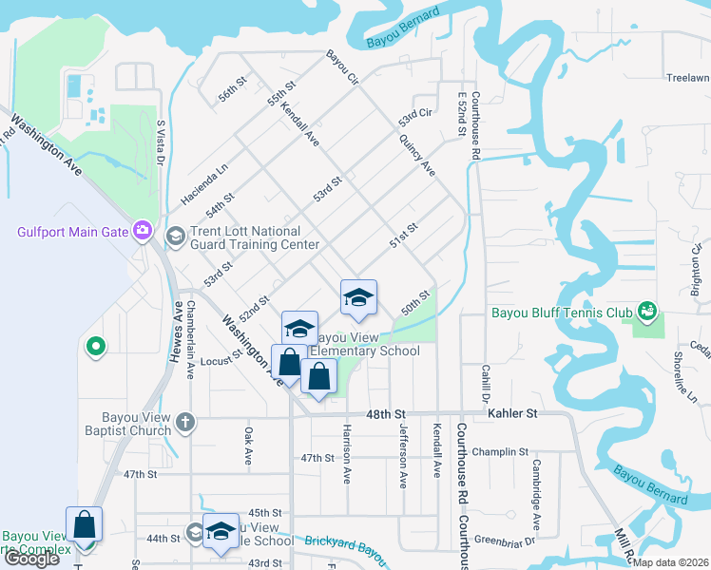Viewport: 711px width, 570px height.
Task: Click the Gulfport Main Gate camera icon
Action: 143,230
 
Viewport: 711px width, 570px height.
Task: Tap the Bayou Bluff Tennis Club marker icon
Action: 648,311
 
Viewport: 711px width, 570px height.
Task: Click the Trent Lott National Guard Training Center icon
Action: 175,236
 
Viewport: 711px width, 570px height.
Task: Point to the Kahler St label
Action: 513,413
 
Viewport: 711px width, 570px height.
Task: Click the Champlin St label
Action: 500,452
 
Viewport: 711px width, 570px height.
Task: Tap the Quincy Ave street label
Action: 417,156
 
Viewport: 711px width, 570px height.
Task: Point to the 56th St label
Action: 232,89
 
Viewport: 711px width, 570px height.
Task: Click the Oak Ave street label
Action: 248,445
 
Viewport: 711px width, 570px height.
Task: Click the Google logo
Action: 31,559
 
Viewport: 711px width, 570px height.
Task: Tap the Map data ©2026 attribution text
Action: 672,561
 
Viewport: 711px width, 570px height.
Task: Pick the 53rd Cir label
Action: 415,119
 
